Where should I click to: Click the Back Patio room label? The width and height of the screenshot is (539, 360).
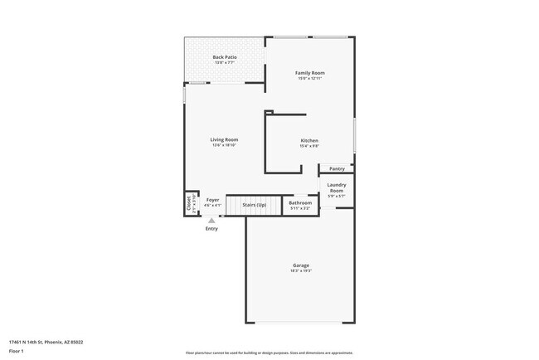(225, 57)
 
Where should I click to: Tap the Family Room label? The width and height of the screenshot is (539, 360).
(309, 73)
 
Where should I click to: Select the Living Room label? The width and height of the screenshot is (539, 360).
(224, 139)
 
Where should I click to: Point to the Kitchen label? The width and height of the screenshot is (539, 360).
(309, 140)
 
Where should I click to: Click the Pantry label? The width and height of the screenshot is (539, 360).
(337, 168)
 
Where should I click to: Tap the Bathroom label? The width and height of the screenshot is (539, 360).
(300, 202)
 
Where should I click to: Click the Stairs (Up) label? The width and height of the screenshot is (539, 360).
(254, 203)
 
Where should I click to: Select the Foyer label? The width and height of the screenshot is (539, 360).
(213, 200)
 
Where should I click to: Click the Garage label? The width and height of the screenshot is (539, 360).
(300, 265)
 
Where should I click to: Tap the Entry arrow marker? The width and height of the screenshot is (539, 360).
(211, 221)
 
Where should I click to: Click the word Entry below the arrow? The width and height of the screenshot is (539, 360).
(211, 229)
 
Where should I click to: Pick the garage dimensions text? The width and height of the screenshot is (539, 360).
(300, 271)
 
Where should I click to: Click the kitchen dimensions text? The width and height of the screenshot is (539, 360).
(309, 146)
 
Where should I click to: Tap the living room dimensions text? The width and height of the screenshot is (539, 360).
(224, 145)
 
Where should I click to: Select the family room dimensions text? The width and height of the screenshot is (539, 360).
(309, 79)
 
